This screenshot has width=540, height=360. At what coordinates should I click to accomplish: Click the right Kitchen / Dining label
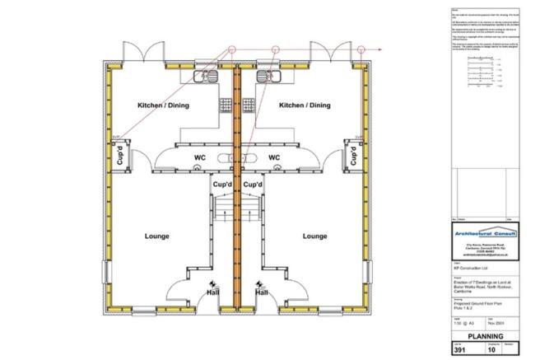click(305, 105)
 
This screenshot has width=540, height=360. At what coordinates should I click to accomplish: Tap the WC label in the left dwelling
click(200, 157)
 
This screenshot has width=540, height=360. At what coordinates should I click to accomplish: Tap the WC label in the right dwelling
click(275, 157)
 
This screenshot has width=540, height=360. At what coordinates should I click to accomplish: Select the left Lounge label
click(156, 236)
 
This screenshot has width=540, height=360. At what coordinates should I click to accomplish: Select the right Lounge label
click(314, 236)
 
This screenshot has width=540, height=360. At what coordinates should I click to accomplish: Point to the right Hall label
click(261, 292)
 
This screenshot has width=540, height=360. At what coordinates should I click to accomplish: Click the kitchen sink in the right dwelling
click(268, 77)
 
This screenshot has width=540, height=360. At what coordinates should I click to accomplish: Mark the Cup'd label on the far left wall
click(119, 154)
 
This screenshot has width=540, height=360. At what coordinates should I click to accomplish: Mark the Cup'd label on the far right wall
click(353, 154)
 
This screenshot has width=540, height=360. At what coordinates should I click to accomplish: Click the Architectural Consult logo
click(486, 234)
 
